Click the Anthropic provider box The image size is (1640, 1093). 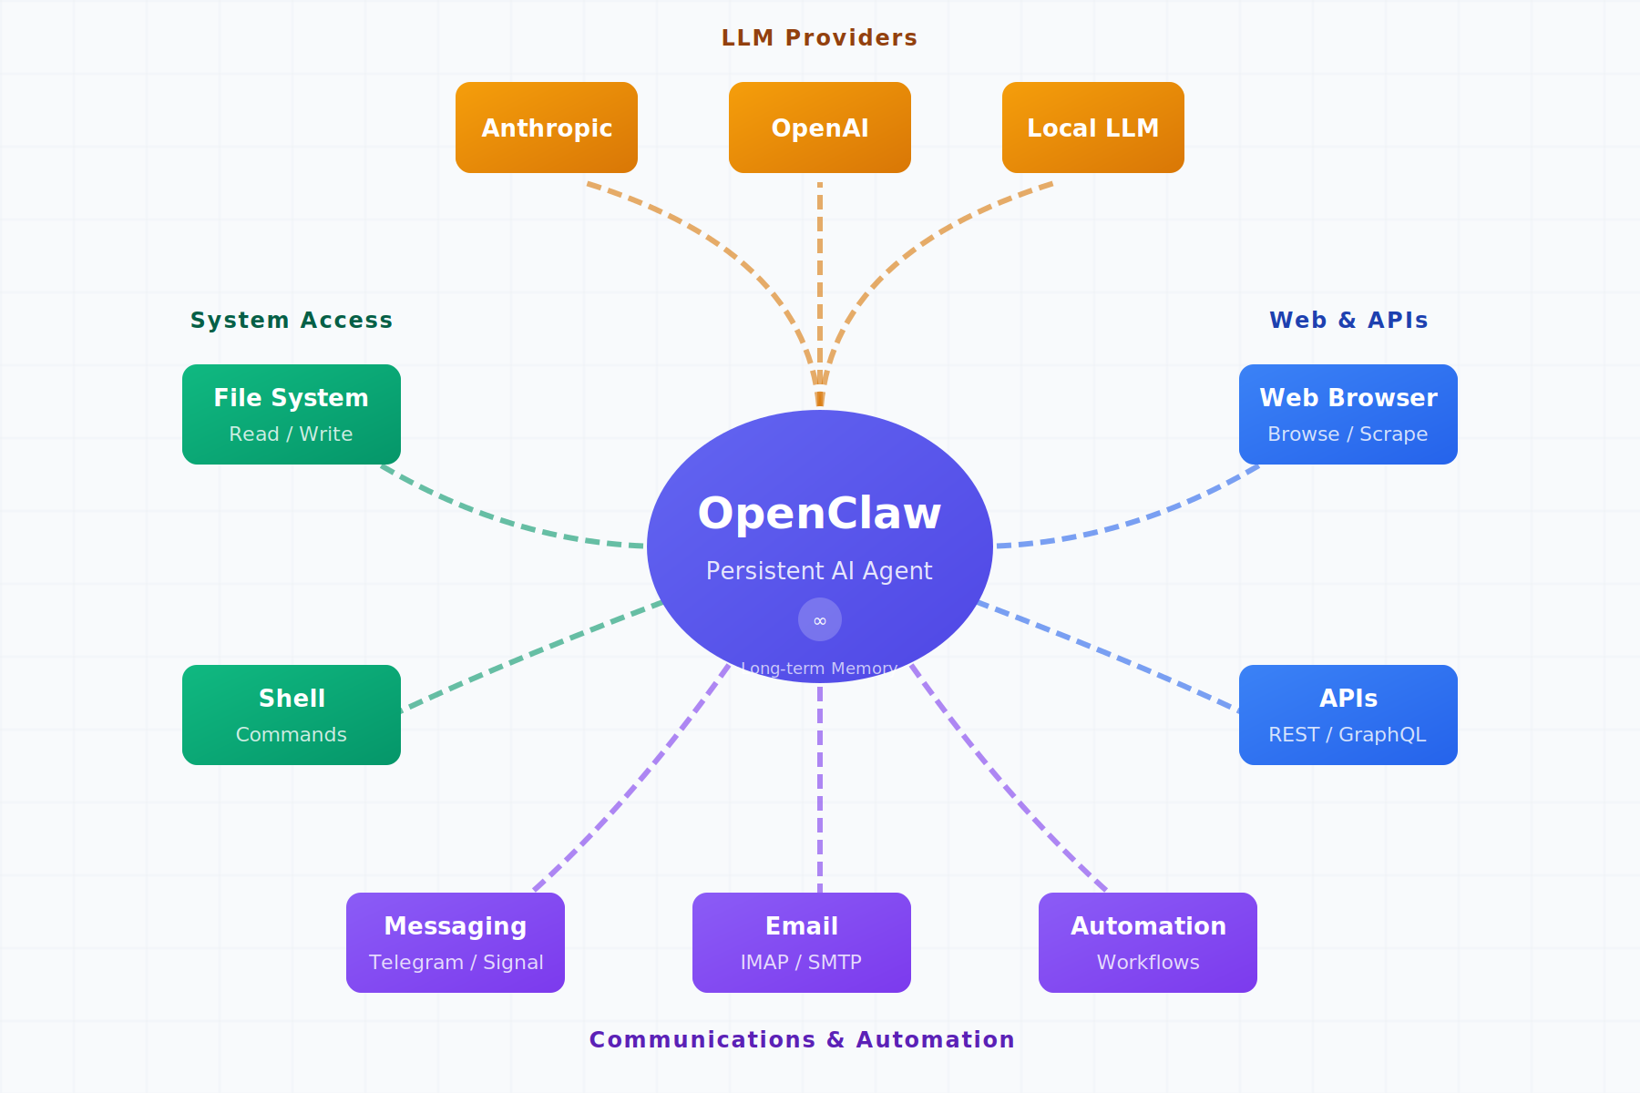coord(547,128)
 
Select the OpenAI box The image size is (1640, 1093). coord(820,128)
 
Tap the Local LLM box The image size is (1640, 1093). coord(1093,128)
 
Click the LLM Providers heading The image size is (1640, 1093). coord(819,37)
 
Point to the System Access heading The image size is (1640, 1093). coord(292,320)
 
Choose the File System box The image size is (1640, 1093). coord(292,414)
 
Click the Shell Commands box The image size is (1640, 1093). coord(292,715)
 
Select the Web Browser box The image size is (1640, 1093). coord(1348,414)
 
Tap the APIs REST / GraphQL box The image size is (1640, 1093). coord(1348,715)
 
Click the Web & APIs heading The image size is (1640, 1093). coord(1348,320)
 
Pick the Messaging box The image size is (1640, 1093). coord(456,943)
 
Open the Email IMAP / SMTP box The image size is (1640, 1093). coord(802,943)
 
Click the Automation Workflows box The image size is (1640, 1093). coord(1148,943)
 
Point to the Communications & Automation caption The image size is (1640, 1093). coord(802,1039)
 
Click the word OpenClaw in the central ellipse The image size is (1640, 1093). coord(819,513)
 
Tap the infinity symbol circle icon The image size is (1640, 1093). coord(820,619)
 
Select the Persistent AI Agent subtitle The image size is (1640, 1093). coord(819,571)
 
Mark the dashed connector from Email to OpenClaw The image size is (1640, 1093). coord(820,792)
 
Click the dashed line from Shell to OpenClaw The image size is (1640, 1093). coord(528,656)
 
